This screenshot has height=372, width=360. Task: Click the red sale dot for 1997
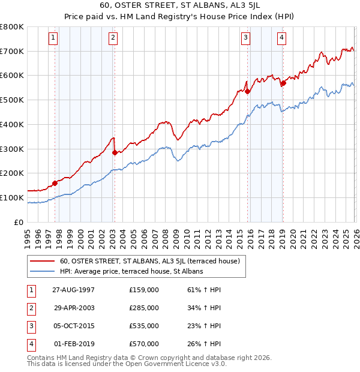55,183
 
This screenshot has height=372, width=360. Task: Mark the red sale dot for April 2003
114,152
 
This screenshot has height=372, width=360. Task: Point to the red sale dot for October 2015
247,92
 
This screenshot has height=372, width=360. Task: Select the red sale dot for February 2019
283,83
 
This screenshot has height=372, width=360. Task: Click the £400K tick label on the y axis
12,124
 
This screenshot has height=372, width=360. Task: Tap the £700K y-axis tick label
12,51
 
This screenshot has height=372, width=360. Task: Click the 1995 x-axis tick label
27,236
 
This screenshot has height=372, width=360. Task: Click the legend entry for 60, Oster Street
149,261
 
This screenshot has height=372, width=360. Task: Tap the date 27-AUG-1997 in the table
74,289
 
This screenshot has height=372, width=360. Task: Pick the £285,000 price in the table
144,308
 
